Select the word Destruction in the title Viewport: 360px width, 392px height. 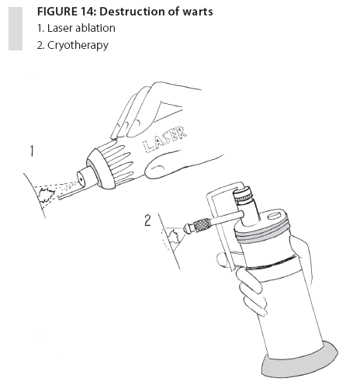[x=130, y=12]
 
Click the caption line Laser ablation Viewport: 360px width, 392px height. [x=76, y=28]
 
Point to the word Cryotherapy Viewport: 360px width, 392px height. [x=78, y=46]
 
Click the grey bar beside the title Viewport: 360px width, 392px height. [x=16, y=29]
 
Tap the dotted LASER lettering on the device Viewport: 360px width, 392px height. [x=164, y=140]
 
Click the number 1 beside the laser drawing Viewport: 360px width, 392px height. [x=32, y=151]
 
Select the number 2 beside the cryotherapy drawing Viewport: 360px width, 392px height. [x=147, y=220]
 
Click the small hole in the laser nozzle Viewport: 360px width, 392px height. [x=81, y=179]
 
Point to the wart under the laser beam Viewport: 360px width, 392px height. [x=46, y=196]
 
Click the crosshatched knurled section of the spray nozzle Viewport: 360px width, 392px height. [x=202, y=224]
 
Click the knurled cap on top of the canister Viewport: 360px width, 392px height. [x=243, y=196]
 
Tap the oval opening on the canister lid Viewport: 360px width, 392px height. [x=275, y=216]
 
